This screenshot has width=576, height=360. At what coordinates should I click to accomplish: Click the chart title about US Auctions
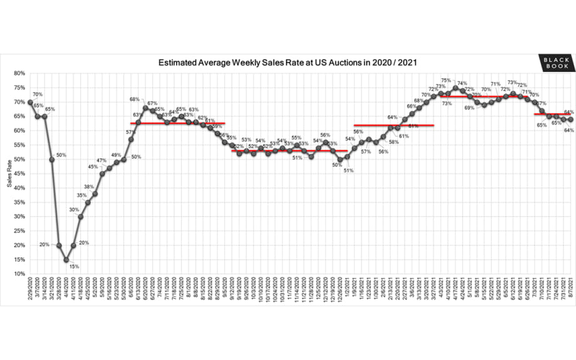(287, 63)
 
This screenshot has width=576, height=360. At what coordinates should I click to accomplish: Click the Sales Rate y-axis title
(8, 173)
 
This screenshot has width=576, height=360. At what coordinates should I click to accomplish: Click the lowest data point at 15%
(66, 259)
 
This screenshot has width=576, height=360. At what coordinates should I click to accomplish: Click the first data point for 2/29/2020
(30, 102)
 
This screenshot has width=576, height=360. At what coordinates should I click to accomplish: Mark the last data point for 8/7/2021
(570, 120)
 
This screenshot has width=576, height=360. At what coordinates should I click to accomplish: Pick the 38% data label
(90, 187)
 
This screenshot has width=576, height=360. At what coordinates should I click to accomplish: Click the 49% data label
(116, 155)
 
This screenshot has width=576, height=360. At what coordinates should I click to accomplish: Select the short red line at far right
(551, 114)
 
